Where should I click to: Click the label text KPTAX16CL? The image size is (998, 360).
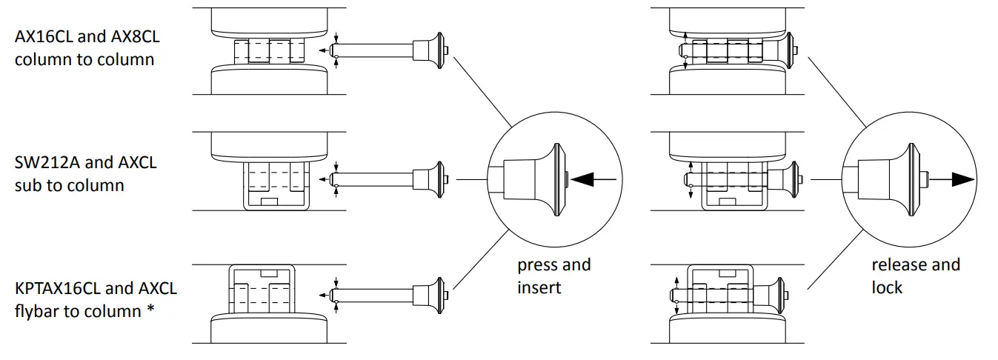55,287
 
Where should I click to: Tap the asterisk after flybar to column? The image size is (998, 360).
150,310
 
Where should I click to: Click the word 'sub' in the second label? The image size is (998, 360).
28,185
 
